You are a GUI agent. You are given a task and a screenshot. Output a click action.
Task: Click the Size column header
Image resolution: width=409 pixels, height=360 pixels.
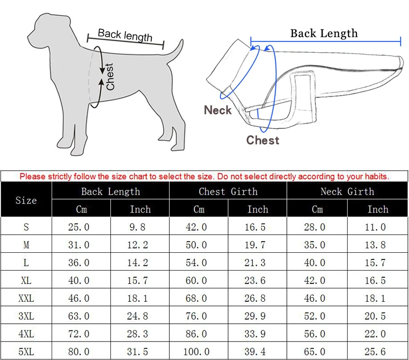click(x=26, y=200)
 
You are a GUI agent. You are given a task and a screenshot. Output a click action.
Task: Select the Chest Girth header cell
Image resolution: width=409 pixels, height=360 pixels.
click(x=228, y=191)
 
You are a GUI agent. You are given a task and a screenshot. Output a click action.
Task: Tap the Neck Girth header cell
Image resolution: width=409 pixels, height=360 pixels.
click(x=347, y=191)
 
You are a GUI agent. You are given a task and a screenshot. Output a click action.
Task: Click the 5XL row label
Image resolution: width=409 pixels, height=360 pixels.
click(x=26, y=352)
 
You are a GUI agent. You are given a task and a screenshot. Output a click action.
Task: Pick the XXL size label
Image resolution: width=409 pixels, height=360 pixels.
click(x=26, y=298)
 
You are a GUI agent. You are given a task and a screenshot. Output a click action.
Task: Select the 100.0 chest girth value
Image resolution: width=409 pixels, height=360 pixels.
click(x=196, y=352)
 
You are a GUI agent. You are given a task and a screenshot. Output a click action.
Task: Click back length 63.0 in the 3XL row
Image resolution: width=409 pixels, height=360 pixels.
click(x=79, y=316)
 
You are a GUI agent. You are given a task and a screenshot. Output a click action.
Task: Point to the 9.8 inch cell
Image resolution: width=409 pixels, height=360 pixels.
click(x=138, y=227)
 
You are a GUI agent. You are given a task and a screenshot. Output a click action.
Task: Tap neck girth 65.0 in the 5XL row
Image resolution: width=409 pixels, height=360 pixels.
click(x=314, y=352)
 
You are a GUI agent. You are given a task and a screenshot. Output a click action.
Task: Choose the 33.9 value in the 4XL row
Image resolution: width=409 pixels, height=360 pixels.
click(x=255, y=333)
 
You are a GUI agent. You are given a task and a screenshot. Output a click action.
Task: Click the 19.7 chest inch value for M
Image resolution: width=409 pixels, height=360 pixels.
click(x=255, y=245)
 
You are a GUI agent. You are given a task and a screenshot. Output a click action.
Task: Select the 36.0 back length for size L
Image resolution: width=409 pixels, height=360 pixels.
click(x=79, y=262)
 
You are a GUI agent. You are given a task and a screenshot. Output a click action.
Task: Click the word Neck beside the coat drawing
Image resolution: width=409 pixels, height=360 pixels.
click(x=218, y=110)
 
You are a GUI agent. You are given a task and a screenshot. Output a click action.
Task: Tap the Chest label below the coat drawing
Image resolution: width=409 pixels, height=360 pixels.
click(x=263, y=140)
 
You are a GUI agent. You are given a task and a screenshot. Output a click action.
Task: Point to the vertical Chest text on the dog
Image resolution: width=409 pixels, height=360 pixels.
click(x=110, y=77)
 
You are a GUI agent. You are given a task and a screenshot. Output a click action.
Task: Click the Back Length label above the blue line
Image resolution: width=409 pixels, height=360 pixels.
click(x=324, y=33)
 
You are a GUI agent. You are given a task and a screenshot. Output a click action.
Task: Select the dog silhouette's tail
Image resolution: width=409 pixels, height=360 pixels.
click(x=175, y=52)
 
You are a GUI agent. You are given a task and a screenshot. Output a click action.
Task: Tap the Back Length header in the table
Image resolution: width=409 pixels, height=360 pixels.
click(x=110, y=191)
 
